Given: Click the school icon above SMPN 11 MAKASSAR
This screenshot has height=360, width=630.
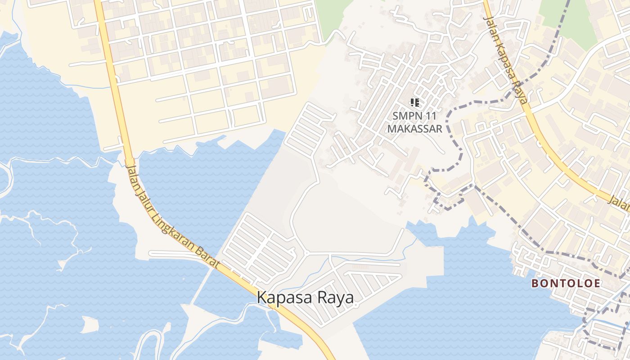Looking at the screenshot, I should click(415, 103).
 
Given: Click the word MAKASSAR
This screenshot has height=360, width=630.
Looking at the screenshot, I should click(415, 129).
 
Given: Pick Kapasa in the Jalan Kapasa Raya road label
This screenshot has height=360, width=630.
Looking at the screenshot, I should click(506, 62).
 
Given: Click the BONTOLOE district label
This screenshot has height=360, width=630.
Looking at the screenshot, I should click(566, 283).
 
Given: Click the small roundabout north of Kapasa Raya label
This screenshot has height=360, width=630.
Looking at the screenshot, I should click(306, 253).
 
